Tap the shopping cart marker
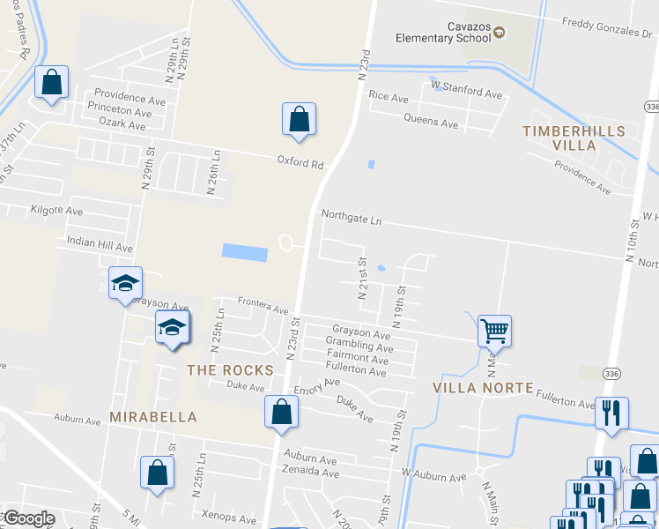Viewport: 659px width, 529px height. [x=494, y=332]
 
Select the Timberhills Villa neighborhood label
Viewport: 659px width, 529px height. [x=574, y=138]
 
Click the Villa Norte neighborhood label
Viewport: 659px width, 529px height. [x=484, y=388]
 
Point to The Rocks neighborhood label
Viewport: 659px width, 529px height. [x=230, y=370]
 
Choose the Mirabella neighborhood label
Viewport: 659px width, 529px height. [x=153, y=416]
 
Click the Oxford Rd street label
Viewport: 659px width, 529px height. [x=300, y=164]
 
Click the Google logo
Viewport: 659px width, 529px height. [x=29, y=518]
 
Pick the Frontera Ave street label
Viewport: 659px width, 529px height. [x=263, y=310]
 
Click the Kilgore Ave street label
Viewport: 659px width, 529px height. [x=56, y=212]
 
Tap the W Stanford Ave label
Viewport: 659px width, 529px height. [x=466, y=94]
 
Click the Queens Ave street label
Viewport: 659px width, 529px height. [x=431, y=122]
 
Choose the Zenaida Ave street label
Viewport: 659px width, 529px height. [x=311, y=473]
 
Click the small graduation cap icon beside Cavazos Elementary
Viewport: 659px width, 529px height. [x=500, y=33]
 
